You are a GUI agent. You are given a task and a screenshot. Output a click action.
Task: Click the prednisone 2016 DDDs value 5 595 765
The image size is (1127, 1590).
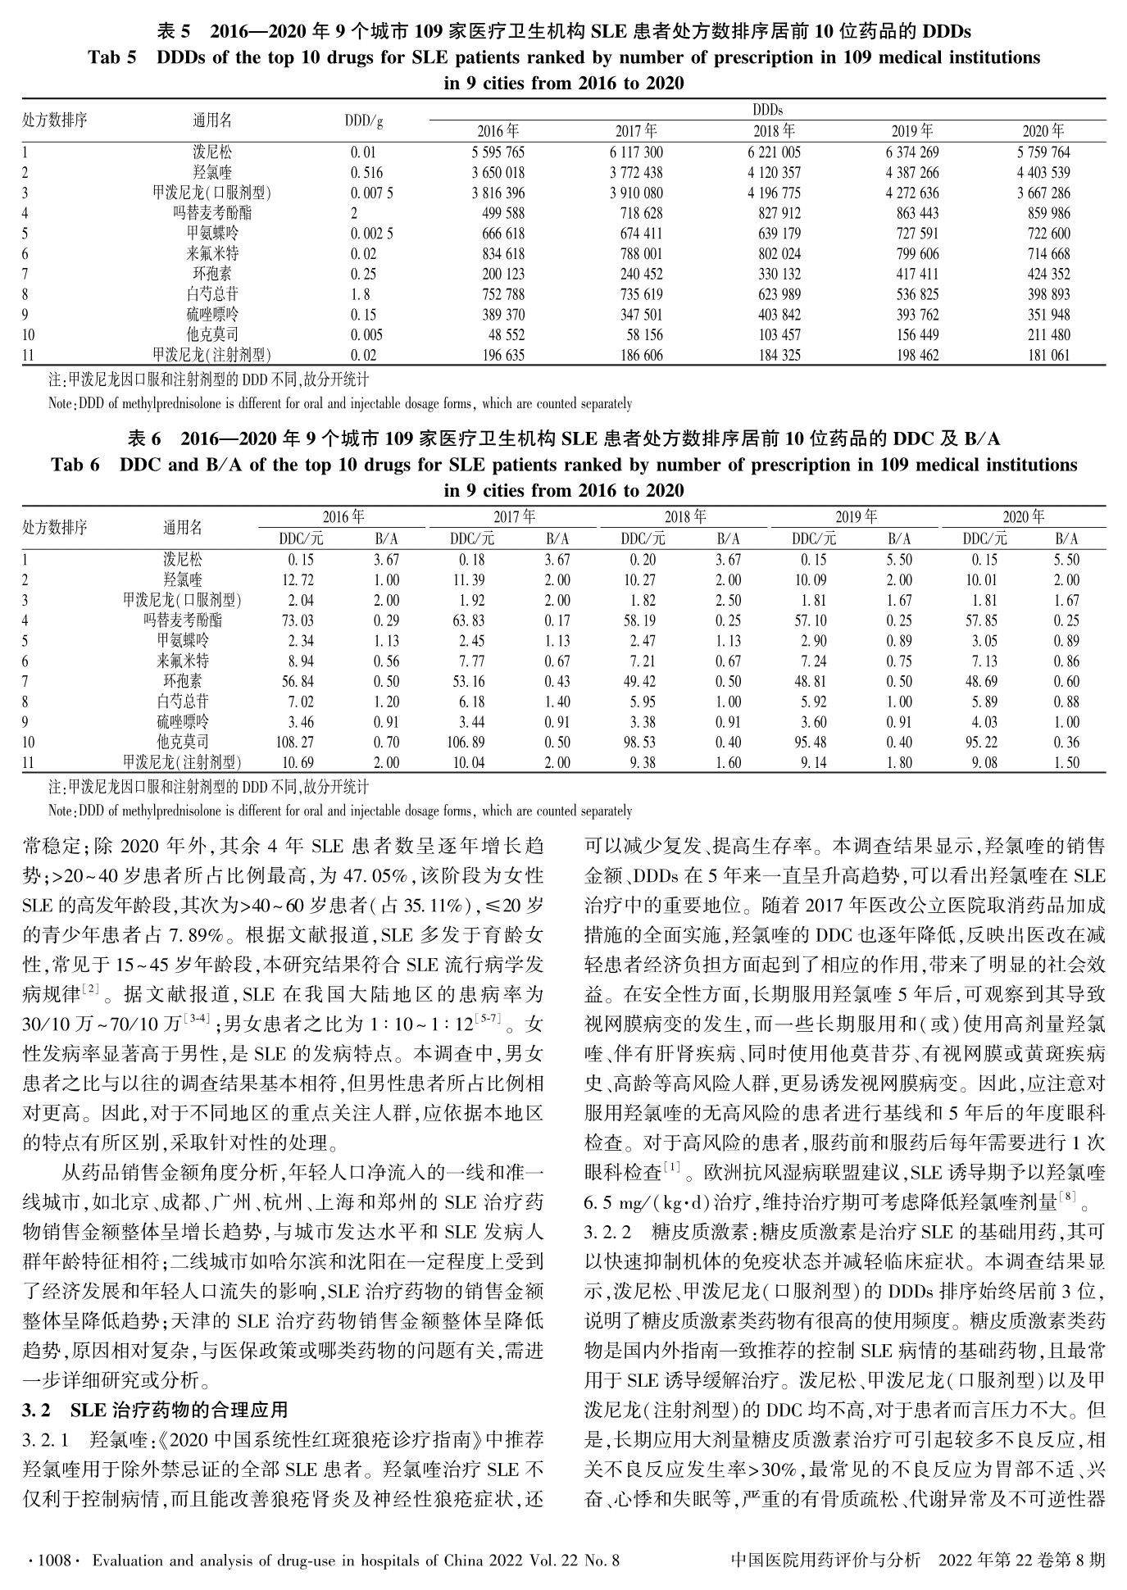tap(498, 152)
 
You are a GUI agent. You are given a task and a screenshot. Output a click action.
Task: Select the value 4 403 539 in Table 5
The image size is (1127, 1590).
tap(1043, 173)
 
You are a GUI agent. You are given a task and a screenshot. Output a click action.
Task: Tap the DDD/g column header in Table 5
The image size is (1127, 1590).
tap(364, 120)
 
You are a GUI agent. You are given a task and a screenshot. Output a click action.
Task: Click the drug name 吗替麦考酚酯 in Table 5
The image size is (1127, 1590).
tap(212, 213)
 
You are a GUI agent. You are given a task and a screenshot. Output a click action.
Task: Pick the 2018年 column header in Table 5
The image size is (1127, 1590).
tap(775, 131)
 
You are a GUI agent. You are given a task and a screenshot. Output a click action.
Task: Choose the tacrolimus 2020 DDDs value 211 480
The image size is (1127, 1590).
tap(1048, 335)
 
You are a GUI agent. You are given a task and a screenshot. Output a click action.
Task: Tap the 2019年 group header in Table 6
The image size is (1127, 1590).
tap(856, 517)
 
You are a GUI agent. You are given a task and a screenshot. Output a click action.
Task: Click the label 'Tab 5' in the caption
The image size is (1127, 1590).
tap(111, 58)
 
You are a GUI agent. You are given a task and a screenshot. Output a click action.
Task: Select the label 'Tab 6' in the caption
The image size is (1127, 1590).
tap(75, 466)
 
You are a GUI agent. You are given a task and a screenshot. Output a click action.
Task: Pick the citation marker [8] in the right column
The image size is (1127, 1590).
tap(1066, 1198)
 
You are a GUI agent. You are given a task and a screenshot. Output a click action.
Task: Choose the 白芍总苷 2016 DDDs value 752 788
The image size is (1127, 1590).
tap(498, 294)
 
